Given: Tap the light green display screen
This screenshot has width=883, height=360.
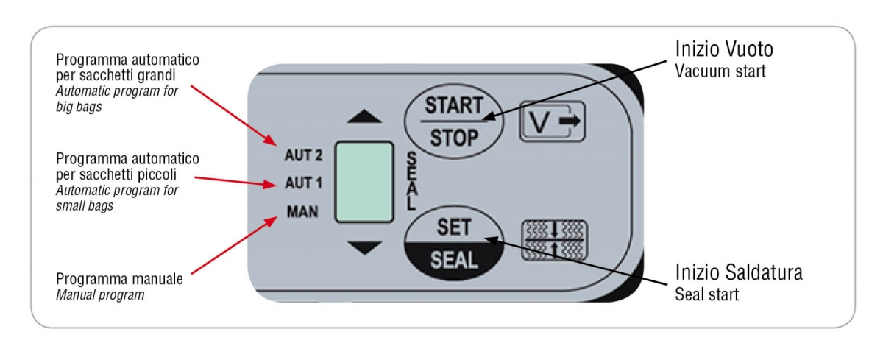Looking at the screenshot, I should coord(364,181).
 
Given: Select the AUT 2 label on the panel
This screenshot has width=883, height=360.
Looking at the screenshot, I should coord(302,155).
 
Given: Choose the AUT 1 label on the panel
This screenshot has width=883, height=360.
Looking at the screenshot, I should coord(302,183).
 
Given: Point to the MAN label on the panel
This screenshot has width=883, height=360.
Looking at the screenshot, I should coord(302,212).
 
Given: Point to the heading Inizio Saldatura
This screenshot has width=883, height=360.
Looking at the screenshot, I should coord(738,273).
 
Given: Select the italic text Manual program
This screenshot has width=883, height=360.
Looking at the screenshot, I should coord(99,294).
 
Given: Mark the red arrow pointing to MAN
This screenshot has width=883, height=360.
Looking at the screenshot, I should coord(234,244).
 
